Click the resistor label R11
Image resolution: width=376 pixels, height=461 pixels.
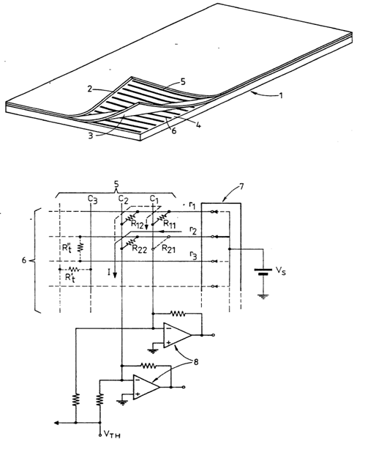[x=170, y=224]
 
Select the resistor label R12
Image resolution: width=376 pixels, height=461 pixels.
[x=137, y=224]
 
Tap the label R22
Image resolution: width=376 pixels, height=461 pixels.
[x=139, y=248]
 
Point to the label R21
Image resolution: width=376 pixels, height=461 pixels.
[x=169, y=248]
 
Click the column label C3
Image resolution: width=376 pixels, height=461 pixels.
[x=92, y=199]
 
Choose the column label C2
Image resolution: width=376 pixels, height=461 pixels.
[x=124, y=199]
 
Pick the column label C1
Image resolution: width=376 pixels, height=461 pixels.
[x=154, y=199]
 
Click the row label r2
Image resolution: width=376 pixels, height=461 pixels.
[x=192, y=230]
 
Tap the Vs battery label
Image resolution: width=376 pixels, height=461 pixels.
[x=281, y=270]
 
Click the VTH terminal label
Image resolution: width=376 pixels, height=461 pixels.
[x=112, y=435]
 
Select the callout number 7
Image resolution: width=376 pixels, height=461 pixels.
[x=241, y=186]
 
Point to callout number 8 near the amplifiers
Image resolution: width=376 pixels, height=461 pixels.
[x=195, y=361]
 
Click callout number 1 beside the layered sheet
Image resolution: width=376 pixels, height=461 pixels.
[x=281, y=95]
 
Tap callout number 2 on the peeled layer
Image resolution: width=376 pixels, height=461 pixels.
[x=90, y=89]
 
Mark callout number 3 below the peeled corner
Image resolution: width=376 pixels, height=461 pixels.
[x=91, y=136]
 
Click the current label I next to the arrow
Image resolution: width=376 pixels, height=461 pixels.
[x=109, y=273]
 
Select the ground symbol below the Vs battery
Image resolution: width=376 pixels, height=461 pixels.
[x=263, y=296]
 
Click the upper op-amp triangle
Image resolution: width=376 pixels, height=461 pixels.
[x=177, y=335]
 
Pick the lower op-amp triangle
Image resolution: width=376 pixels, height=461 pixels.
[x=146, y=387]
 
